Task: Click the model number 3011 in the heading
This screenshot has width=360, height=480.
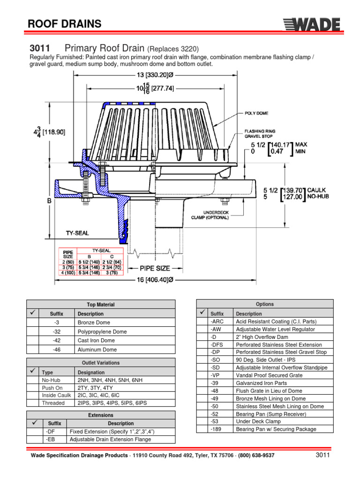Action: click(40, 48)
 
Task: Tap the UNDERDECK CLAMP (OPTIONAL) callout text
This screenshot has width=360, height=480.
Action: click(210, 214)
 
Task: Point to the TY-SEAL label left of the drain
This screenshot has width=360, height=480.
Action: click(77, 232)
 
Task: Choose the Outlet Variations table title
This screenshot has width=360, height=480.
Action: click(101, 362)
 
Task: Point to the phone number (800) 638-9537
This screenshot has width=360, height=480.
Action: click(253, 456)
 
